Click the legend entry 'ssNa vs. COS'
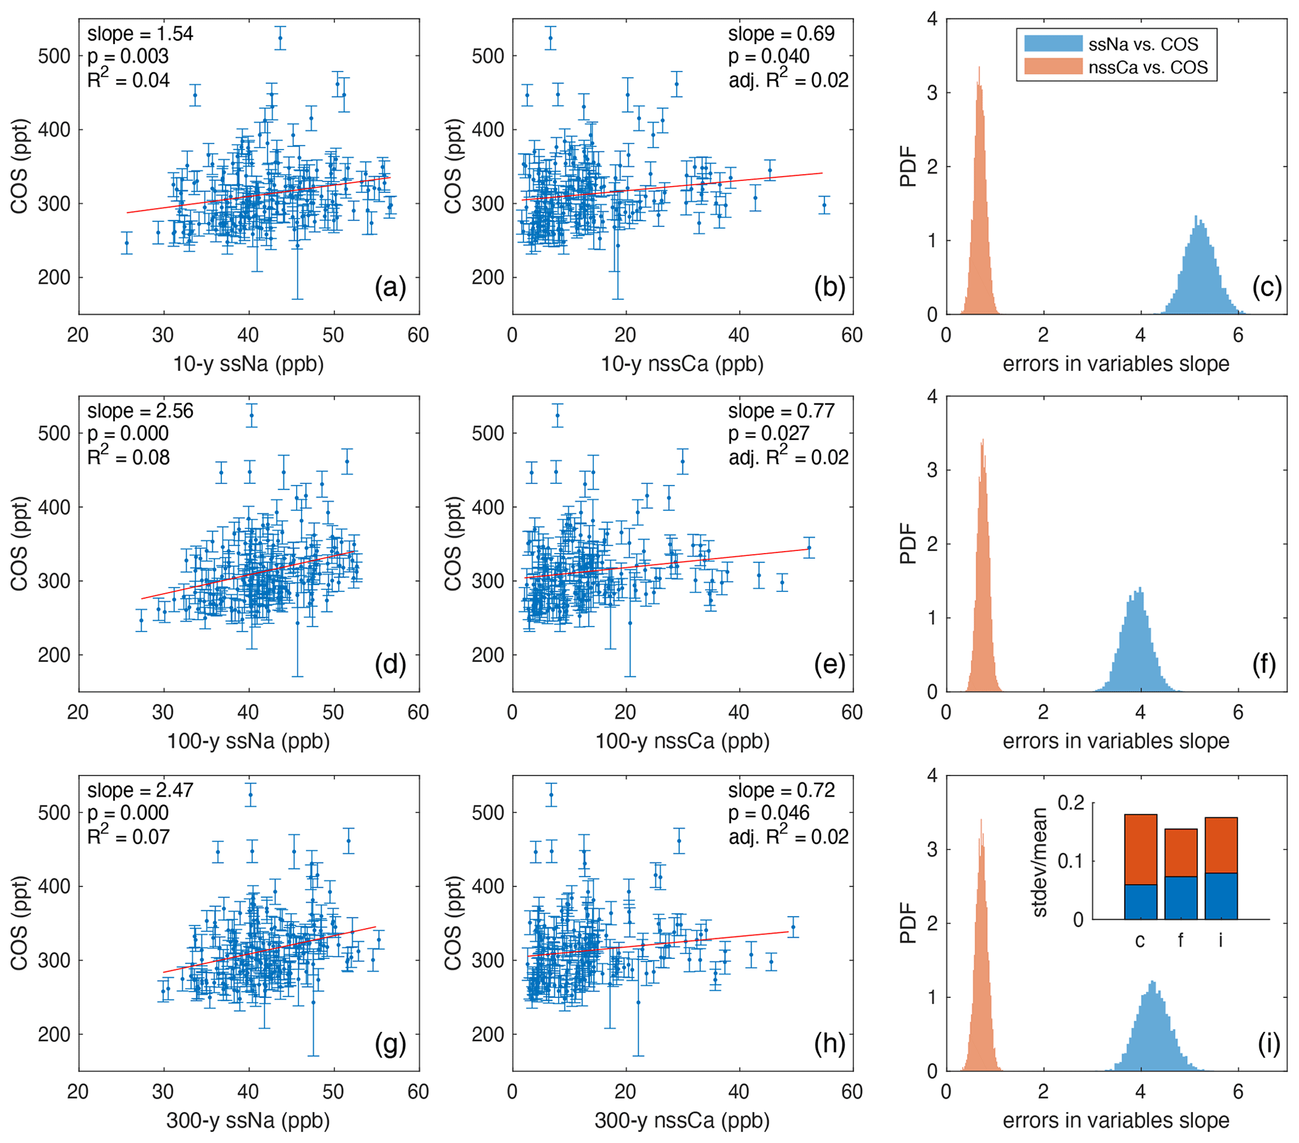pos(1142,45)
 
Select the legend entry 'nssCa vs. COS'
pos(1147,67)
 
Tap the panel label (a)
pos(390,287)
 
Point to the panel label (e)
pos(830,665)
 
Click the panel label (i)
pos(1268,1044)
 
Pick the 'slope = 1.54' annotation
pos(140,34)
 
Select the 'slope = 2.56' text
pos(140,411)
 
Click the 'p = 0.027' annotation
pos(769,434)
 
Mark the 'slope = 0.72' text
pos(781,790)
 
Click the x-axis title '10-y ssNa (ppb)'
pos(248,364)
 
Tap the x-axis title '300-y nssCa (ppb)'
pos(682,1121)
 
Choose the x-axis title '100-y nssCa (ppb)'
pos(682,741)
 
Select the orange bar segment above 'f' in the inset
pos(1180,853)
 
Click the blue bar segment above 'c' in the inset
pos(1140,902)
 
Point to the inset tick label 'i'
pos(1220,940)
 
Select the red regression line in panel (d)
pos(248,576)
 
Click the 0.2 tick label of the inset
pos(1071,803)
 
